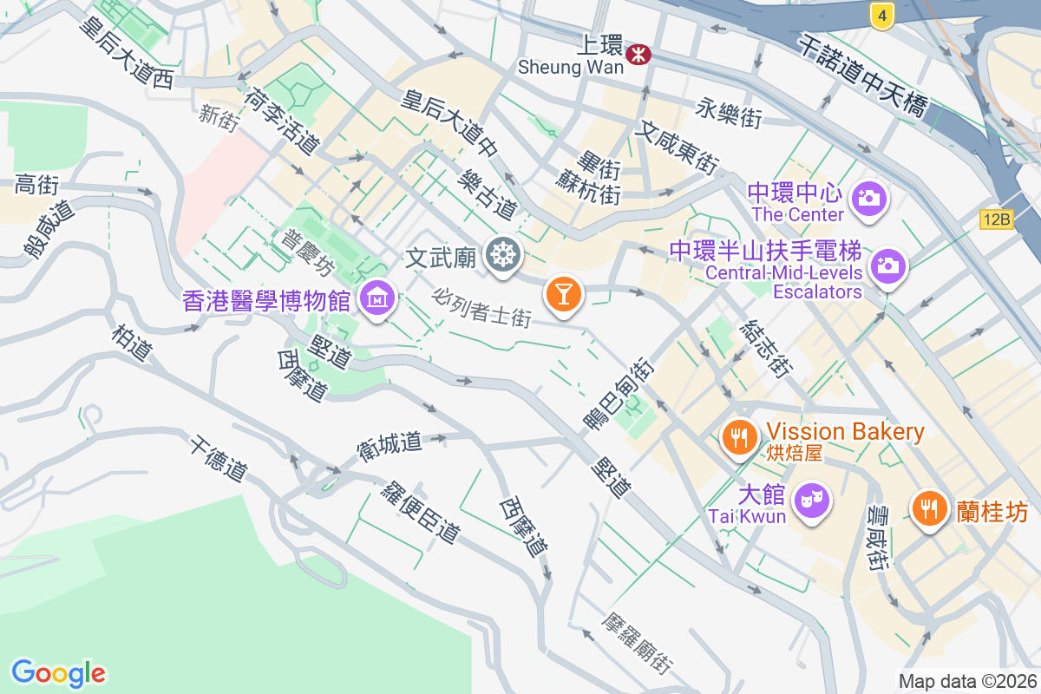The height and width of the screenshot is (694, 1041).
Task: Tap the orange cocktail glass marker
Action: tap(563, 294)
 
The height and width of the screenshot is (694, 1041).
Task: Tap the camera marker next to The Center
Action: tap(867, 198)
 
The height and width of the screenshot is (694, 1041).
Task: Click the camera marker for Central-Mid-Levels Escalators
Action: tap(887, 265)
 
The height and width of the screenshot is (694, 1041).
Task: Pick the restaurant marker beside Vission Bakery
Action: tap(739, 437)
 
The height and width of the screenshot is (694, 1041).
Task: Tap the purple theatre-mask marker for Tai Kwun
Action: tap(812, 501)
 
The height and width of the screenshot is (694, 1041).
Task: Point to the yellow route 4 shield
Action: tap(881, 15)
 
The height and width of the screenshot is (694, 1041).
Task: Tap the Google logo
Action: tap(58, 672)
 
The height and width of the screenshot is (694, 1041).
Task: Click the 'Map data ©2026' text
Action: tap(967, 681)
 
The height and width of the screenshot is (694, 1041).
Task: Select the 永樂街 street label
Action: tap(729, 113)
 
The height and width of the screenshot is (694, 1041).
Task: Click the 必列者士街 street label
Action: tap(482, 307)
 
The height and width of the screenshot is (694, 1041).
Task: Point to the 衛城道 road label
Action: tap(389, 446)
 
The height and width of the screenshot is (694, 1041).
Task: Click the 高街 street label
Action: tap(36, 185)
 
